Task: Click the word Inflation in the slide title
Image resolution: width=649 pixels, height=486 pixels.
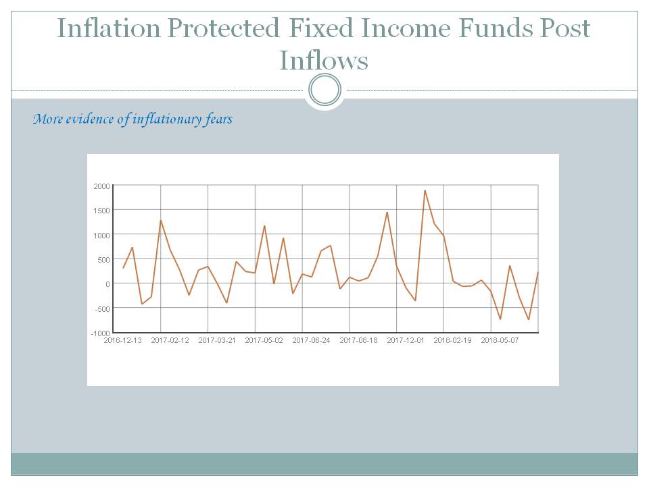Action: pos(108,28)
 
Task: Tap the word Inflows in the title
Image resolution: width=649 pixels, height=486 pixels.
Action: pos(324,61)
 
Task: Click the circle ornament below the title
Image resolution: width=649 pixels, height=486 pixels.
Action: pos(324,90)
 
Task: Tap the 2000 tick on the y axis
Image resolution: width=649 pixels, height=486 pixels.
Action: pos(101,186)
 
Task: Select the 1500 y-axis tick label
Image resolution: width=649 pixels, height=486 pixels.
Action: pos(101,210)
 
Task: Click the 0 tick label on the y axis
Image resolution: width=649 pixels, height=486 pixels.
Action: pos(107,284)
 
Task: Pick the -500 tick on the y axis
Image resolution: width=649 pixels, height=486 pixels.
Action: pos(101,308)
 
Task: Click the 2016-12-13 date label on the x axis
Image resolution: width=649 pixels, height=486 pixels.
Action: pos(122,341)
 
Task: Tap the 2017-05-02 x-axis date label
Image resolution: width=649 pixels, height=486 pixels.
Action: pos(264,341)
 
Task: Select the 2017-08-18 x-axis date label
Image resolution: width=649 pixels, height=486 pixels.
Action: pos(358,341)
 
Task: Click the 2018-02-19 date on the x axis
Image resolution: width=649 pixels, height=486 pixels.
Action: pos(452,341)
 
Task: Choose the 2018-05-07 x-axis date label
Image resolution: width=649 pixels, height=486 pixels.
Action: pos(500,341)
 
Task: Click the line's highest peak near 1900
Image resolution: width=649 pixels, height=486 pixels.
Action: pos(425,190)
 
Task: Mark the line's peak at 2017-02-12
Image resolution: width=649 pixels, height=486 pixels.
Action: pos(161,220)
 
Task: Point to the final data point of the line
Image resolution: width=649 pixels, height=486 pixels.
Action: pos(538,272)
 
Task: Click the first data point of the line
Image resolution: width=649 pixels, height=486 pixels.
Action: pos(123,268)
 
